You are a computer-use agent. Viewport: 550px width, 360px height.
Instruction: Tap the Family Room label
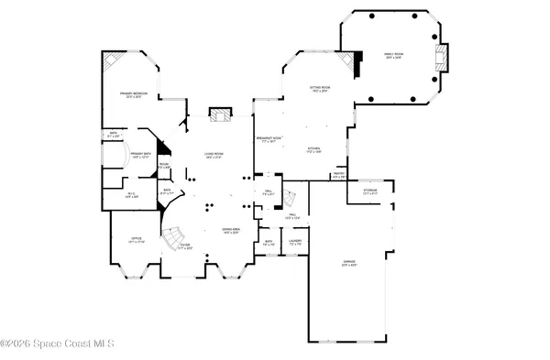click(x=395, y=56)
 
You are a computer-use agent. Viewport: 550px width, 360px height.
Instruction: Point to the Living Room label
click(x=214, y=156)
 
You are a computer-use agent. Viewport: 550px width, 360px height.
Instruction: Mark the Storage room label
click(x=370, y=192)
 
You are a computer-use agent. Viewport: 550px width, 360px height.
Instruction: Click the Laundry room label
click(x=295, y=242)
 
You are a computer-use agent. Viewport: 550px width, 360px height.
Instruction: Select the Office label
click(x=136, y=240)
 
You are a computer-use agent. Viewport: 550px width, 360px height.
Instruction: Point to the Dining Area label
click(x=231, y=230)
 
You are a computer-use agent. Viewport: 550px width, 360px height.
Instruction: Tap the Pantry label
click(x=338, y=175)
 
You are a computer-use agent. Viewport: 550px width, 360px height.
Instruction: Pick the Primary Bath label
click(x=139, y=154)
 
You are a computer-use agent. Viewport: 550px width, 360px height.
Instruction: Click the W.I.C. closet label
click(x=131, y=194)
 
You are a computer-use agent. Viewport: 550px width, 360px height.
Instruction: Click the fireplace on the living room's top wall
click(x=218, y=115)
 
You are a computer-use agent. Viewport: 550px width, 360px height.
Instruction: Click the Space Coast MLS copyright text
click(x=57, y=344)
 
